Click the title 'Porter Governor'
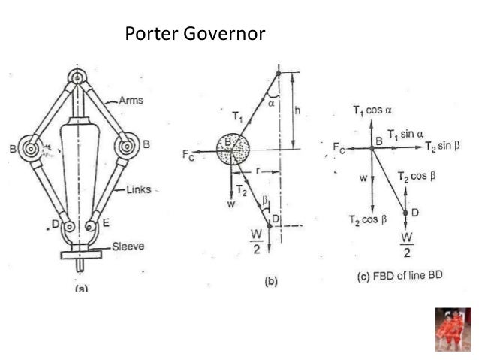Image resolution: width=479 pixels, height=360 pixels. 195,35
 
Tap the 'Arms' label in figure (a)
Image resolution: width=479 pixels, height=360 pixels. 133,99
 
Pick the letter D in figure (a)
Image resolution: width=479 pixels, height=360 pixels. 55,224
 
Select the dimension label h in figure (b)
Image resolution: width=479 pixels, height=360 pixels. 298,110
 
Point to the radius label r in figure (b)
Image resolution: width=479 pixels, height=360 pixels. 257,171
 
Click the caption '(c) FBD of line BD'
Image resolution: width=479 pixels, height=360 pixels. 399,277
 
